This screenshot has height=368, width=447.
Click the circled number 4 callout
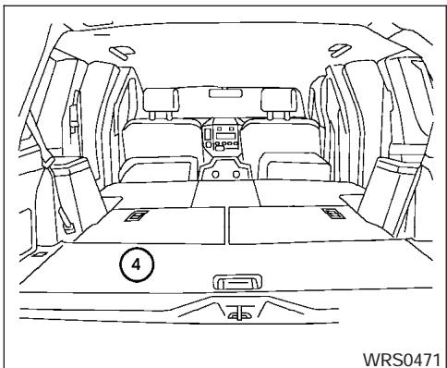point(136,263)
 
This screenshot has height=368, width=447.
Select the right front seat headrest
point(281,99)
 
